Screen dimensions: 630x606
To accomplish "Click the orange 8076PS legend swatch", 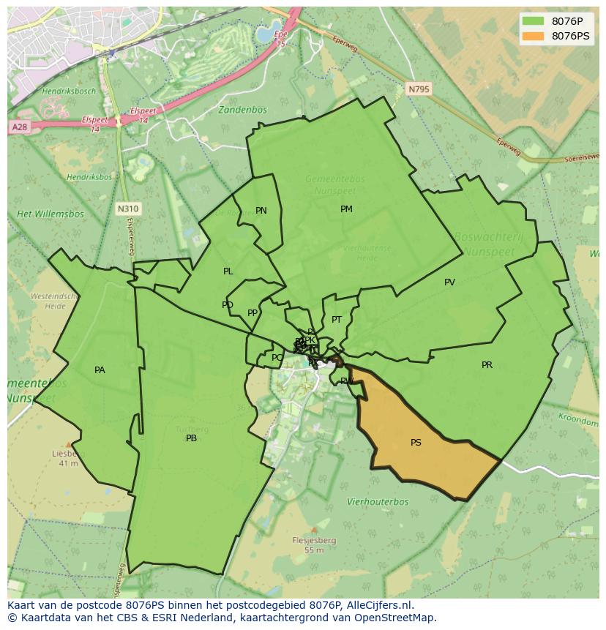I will (533, 36).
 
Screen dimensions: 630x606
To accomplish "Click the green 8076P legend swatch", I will (533, 20).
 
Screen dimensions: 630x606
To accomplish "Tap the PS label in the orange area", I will (416, 443).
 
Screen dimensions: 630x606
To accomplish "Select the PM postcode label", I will (346, 209).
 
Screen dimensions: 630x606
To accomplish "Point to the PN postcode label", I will (261, 211).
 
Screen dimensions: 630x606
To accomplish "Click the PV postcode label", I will (449, 282).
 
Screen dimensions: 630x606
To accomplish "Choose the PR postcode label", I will (487, 365).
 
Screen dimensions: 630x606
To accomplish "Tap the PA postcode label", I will (100, 370).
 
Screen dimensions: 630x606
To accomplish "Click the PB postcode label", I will (191, 438).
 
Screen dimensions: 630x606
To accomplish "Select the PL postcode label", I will (228, 271).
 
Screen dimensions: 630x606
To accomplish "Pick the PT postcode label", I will (337, 320).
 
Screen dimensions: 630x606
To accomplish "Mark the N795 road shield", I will (419, 89).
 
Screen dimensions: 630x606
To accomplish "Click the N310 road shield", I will (127, 209).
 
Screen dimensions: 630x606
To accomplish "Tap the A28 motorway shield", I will (19, 127).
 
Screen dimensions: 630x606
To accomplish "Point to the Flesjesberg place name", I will (314, 541).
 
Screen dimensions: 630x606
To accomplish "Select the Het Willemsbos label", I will (50, 214).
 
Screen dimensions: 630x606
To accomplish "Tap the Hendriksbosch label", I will (69, 91).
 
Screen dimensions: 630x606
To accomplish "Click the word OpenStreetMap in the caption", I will (395, 618).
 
